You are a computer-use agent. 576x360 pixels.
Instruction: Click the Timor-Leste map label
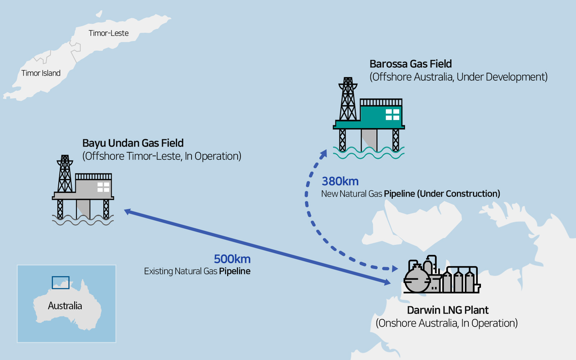(x=108, y=33)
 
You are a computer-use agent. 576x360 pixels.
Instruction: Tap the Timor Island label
(x=41, y=73)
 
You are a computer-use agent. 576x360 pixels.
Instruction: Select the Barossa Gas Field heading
(x=410, y=64)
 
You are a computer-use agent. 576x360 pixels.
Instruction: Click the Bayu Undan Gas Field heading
(x=133, y=143)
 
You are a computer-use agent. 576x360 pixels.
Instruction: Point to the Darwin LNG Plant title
(x=447, y=310)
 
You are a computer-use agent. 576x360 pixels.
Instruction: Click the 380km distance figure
(x=340, y=181)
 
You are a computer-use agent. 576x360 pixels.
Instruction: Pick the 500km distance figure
(x=232, y=259)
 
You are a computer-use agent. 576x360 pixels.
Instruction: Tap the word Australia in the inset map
(x=65, y=306)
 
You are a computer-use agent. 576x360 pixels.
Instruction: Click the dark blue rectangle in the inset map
(x=60, y=283)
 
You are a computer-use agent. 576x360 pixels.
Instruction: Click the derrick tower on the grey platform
(x=65, y=175)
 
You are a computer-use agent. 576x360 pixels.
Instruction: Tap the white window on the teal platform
(x=392, y=114)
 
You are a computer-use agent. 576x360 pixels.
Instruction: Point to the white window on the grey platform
(x=103, y=187)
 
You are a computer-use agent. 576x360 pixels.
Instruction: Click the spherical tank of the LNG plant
(x=417, y=279)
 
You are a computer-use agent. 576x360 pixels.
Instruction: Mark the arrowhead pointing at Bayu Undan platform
(x=127, y=211)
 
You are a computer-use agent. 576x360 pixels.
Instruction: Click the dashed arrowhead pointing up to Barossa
(x=324, y=154)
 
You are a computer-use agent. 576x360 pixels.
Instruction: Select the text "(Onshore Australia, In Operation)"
(x=446, y=323)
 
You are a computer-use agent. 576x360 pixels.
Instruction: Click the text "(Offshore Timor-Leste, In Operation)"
(x=162, y=156)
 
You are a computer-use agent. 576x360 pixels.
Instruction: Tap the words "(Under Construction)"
(x=458, y=194)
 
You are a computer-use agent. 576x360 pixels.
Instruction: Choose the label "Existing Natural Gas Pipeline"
(x=197, y=271)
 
